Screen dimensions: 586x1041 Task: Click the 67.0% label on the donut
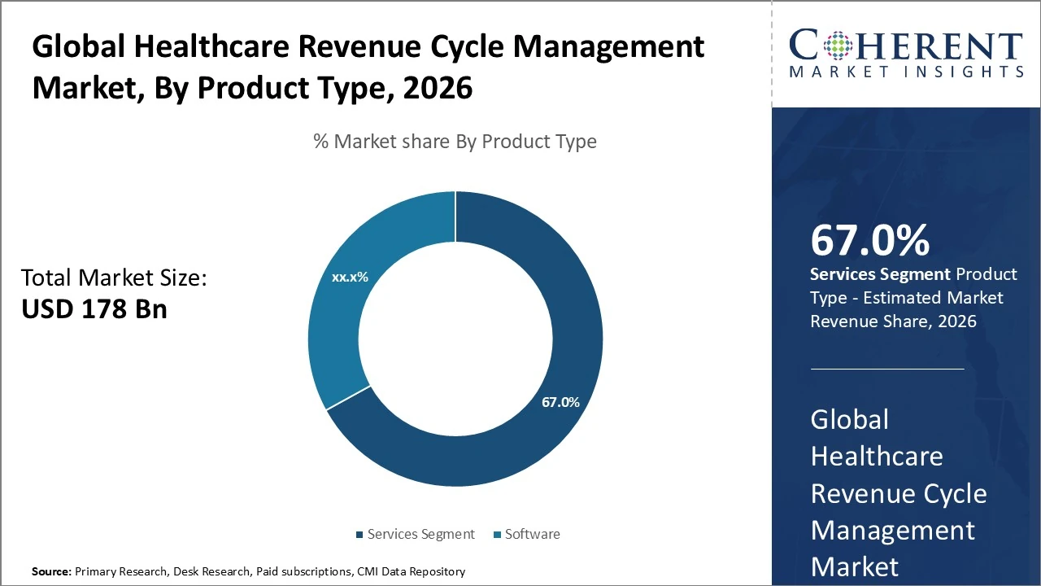click(560, 402)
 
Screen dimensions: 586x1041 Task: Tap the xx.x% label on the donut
click(350, 277)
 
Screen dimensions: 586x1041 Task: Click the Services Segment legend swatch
click(359, 535)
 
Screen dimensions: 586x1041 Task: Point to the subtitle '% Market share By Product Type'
click(455, 142)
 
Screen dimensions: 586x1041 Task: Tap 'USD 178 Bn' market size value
click(94, 309)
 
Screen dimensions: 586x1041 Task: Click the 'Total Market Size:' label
click(114, 278)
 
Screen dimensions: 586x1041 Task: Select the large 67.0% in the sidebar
click(869, 240)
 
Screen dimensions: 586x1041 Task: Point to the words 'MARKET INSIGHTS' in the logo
click(905, 72)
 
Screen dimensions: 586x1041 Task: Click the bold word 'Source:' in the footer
click(51, 572)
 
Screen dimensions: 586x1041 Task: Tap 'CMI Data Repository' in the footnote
click(412, 572)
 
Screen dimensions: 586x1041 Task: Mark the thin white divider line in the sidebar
click(887, 369)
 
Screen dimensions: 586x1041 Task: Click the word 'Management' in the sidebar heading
click(892, 531)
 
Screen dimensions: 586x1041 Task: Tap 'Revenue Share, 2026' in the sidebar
click(892, 321)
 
